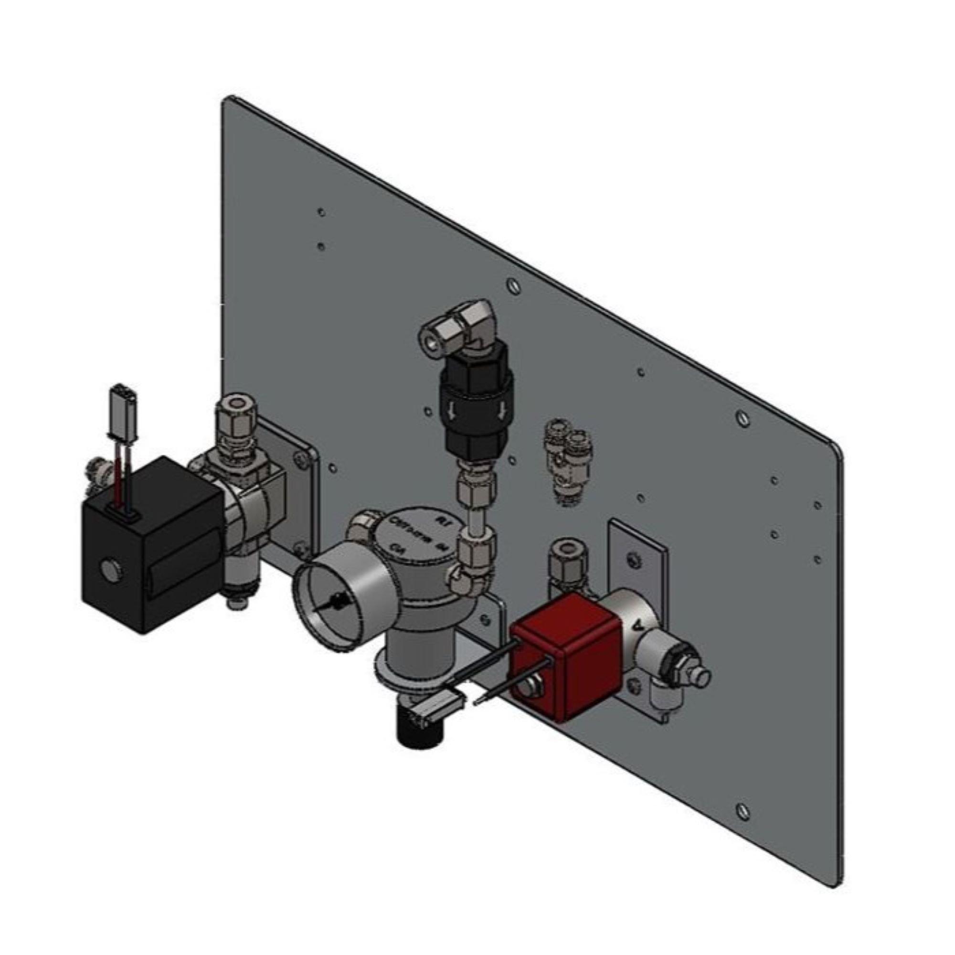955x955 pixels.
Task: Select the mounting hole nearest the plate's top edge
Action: point(321,212)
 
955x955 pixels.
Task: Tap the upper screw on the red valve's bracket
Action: point(632,559)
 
